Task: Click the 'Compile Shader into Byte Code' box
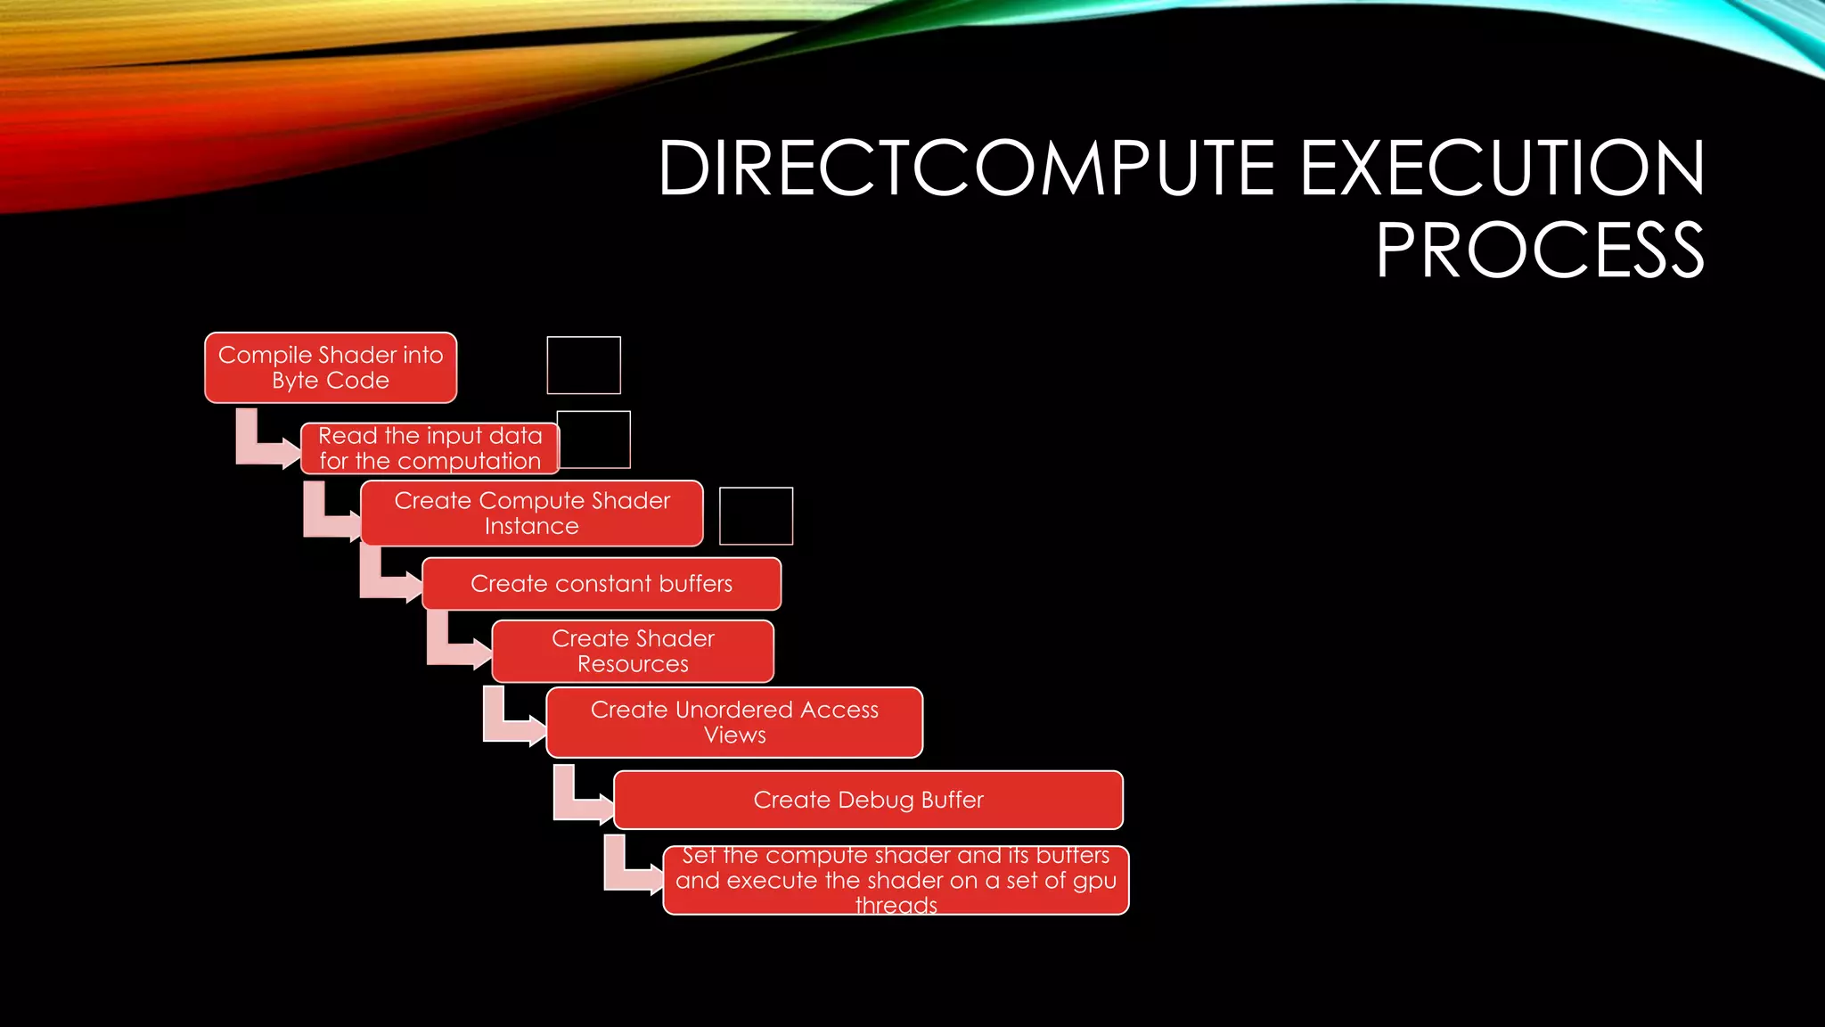click(x=331, y=367)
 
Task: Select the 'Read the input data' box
click(x=430, y=448)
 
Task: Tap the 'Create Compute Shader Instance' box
click(x=532, y=513)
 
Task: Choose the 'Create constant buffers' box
click(x=602, y=584)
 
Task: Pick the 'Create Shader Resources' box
click(x=633, y=652)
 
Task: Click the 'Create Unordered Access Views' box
click(x=734, y=722)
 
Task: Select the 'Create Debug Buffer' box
click(x=868, y=800)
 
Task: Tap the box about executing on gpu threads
click(x=896, y=881)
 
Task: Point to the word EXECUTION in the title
click(x=1502, y=168)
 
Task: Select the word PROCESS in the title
click(x=1539, y=251)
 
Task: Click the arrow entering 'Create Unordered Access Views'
click(x=511, y=720)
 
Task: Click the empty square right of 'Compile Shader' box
click(x=584, y=365)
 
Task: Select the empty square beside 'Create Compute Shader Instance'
click(x=756, y=515)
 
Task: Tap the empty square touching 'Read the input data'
click(x=595, y=440)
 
